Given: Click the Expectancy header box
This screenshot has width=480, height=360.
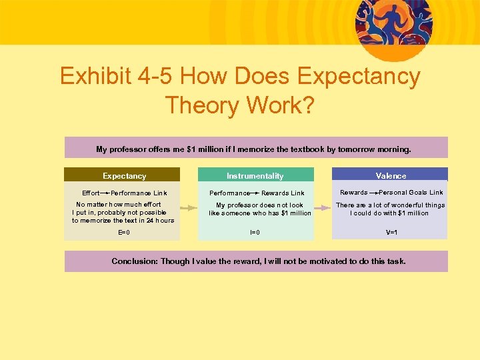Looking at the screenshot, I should (124, 175).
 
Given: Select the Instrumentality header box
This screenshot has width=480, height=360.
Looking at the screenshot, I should (255, 175).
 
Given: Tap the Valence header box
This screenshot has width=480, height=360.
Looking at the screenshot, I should (391, 175).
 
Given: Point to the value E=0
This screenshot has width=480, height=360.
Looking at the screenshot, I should (124, 232).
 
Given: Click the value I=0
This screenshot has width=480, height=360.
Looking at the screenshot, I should (255, 232).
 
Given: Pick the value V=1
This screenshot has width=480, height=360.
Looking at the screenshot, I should (391, 232).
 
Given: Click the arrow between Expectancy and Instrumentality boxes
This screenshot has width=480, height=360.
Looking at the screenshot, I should (189, 207).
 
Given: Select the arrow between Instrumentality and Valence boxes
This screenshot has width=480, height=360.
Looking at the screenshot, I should (323, 207).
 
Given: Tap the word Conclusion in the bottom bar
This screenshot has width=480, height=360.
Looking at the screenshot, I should (134, 261).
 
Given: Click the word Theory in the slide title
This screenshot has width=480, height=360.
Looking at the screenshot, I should (198, 105).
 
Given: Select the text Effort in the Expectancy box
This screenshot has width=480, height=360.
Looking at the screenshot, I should (91, 193).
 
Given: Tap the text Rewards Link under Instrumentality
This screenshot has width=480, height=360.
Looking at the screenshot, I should (283, 193).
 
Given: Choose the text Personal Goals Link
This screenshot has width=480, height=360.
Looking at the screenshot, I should (411, 192).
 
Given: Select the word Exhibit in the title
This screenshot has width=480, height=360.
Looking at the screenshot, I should (90, 77).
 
